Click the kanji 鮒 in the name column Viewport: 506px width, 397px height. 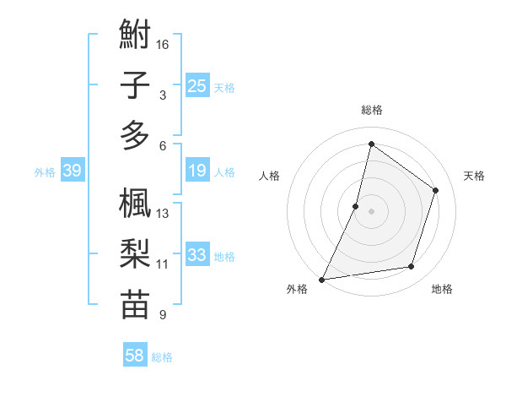point(135,36)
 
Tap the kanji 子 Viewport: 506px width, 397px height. point(135,85)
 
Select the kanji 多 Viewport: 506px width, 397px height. point(135,135)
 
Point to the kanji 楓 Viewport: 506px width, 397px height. point(135,204)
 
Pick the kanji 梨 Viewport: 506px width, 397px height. point(135,254)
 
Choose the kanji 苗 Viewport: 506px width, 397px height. point(135,305)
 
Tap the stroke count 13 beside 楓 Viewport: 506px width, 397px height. point(164,214)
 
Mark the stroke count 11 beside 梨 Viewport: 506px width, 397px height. point(163,264)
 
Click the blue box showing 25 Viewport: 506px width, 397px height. point(197,85)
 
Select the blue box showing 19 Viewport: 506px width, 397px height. point(197,171)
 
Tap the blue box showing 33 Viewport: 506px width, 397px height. point(197,255)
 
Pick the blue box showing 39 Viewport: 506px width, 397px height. point(72,171)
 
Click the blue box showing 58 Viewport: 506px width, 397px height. point(134,356)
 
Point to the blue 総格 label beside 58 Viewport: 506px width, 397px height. point(163,357)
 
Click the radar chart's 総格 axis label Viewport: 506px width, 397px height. point(371,110)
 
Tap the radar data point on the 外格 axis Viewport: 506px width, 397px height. point(321,280)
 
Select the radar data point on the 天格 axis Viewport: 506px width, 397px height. point(436,190)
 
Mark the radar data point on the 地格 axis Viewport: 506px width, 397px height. point(412,267)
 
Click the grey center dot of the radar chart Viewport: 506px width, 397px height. point(371,211)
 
